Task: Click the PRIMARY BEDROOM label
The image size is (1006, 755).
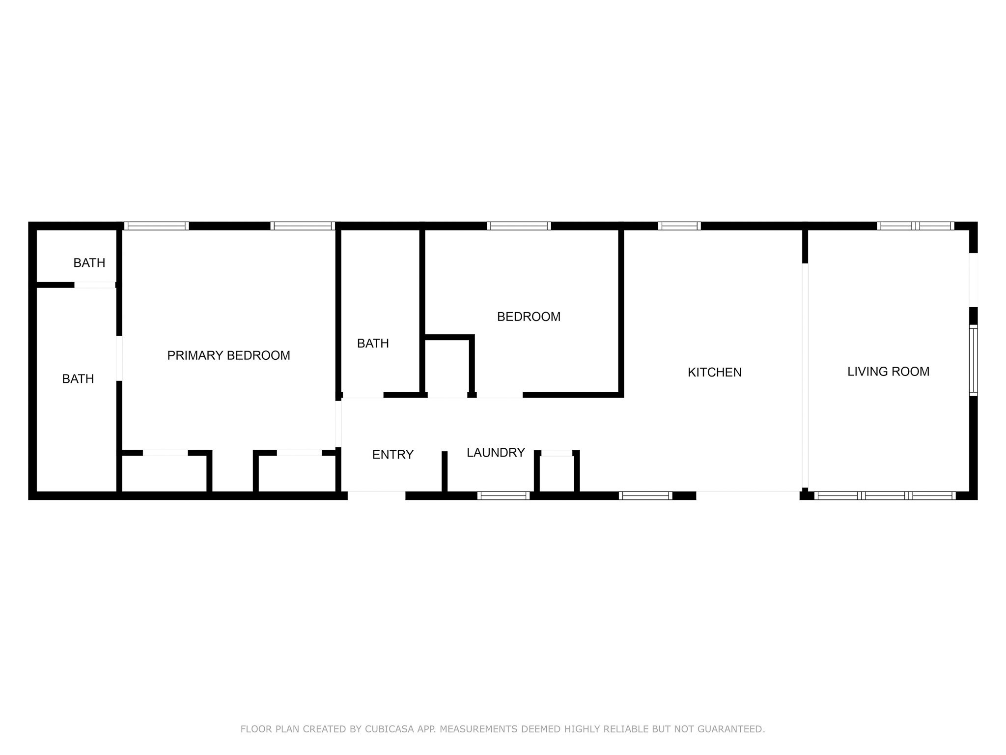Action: click(x=228, y=355)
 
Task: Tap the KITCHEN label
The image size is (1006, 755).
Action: click(x=714, y=373)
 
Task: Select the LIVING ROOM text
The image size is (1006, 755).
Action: click(x=888, y=372)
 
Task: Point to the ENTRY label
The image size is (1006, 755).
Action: click(x=392, y=455)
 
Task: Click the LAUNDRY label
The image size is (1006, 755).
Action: click(x=496, y=453)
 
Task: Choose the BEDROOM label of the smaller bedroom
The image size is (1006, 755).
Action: click(x=529, y=317)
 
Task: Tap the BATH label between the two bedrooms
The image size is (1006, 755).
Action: click(x=373, y=344)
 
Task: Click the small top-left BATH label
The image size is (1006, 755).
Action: click(x=89, y=263)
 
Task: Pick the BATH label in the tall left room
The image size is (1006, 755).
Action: click(x=78, y=379)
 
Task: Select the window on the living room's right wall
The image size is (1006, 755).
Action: click(x=973, y=360)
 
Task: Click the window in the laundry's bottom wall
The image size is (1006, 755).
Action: click(x=503, y=495)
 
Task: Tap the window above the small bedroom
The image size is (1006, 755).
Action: click(x=519, y=226)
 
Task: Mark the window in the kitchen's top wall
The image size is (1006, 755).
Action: click(x=679, y=226)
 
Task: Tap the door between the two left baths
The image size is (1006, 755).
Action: click(x=94, y=285)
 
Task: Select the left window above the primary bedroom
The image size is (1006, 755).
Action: click(x=156, y=226)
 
